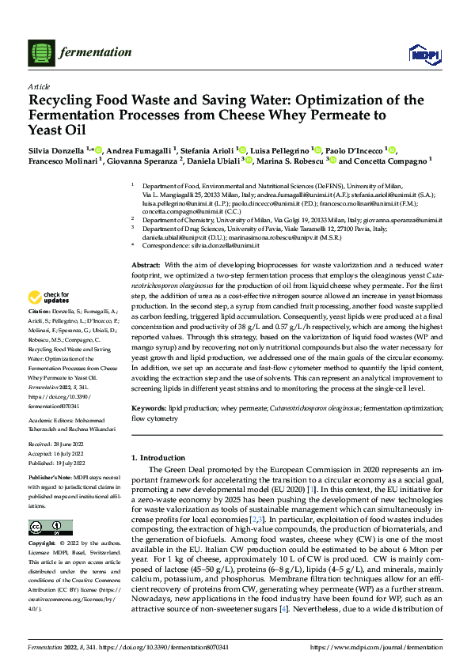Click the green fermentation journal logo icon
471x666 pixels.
pos(41,52)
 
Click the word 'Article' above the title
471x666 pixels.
pos(39,85)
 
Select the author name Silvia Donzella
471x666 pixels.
pos(56,149)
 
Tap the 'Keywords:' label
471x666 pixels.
pos(149,407)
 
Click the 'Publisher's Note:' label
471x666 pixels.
pos(51,479)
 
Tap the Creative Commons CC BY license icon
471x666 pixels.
pos(50,528)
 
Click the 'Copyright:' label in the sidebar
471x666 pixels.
pos(42,544)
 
